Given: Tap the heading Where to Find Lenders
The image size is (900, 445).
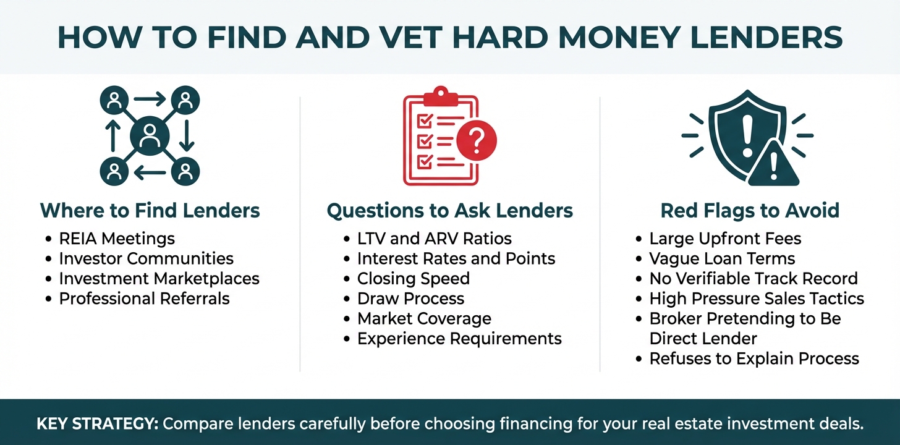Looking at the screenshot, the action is (x=150, y=211).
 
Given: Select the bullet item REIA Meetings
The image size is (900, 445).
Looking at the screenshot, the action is (x=117, y=239).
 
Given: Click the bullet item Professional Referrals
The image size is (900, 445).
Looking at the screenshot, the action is (x=144, y=299).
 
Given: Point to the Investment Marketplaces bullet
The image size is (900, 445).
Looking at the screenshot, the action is (x=159, y=278).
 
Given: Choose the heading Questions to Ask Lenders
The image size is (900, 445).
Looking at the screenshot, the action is (x=449, y=211).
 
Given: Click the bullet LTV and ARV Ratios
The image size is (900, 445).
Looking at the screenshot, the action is (x=435, y=239).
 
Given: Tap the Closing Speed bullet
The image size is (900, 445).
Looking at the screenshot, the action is (x=414, y=279).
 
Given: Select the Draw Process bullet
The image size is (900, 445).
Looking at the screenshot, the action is (x=410, y=299).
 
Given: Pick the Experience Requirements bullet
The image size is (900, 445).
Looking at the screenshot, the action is (x=459, y=339).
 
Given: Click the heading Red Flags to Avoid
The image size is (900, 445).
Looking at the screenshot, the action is (x=750, y=211).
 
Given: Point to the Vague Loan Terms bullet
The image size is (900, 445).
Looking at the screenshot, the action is (x=722, y=258).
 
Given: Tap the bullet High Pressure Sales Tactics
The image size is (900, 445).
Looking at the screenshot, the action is (x=757, y=299).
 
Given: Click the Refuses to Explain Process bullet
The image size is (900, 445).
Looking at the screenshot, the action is (x=754, y=358).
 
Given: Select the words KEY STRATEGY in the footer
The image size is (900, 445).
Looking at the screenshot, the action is (x=97, y=424).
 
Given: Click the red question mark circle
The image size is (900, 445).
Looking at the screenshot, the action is (x=477, y=140).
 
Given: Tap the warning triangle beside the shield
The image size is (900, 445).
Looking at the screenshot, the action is (x=774, y=164).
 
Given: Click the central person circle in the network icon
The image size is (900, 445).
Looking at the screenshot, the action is (x=150, y=136).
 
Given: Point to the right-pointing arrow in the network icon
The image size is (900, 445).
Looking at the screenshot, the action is (x=150, y=99).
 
